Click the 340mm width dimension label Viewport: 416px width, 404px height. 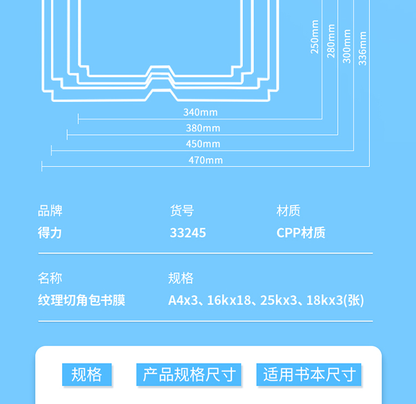coord(200,112)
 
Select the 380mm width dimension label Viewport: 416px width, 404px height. coord(203,128)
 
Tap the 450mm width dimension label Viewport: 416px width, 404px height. coord(203,144)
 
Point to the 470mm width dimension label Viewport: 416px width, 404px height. coord(206,160)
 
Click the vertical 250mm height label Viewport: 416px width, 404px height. coord(314,37)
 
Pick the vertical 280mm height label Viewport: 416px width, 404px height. coord(331,41)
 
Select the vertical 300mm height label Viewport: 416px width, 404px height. coord(347,46)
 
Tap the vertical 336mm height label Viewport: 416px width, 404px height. coord(362,48)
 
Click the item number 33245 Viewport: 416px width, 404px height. coord(188,233)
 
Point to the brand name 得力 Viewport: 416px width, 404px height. coord(50,233)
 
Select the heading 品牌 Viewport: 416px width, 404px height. coord(50,211)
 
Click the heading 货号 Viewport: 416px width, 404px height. coord(182,211)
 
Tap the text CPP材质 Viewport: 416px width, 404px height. coord(301,233)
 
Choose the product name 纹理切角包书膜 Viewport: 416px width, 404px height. coord(82,300)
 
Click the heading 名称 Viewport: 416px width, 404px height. coord(50,278)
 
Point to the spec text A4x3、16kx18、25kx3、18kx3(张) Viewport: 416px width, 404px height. coord(266,300)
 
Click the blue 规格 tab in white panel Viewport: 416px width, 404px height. coord(87,375)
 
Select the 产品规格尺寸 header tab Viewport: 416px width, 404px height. coord(189,375)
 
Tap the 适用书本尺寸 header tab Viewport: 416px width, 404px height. coord(309,375)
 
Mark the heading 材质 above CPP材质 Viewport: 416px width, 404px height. coord(288,211)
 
